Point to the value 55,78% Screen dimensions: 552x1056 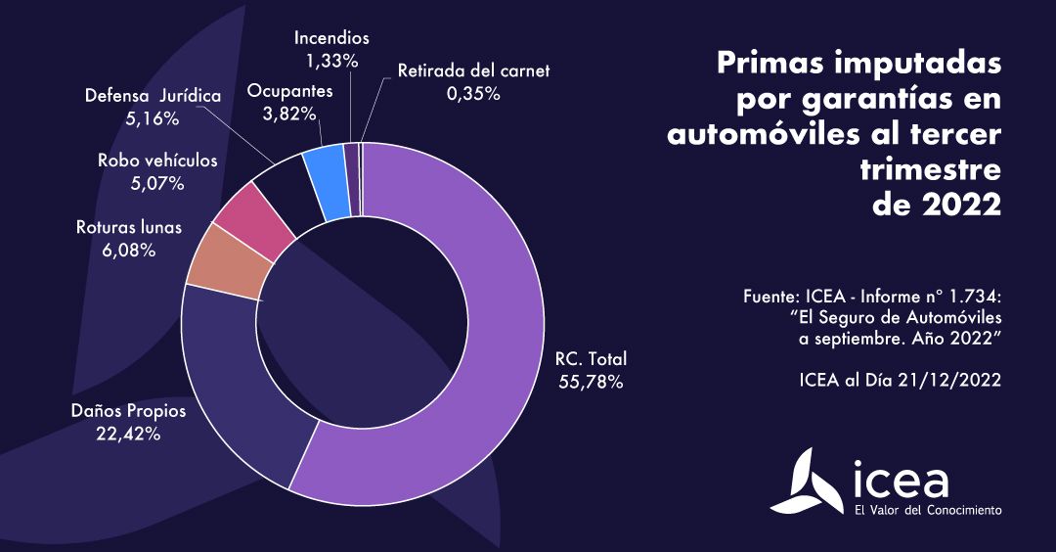[590, 382]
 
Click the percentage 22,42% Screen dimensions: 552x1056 [127, 434]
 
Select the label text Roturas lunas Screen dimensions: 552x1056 [129, 228]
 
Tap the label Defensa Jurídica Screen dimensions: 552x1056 [154, 97]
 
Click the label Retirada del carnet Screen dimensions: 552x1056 [473, 70]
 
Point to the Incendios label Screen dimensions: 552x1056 [332, 38]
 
